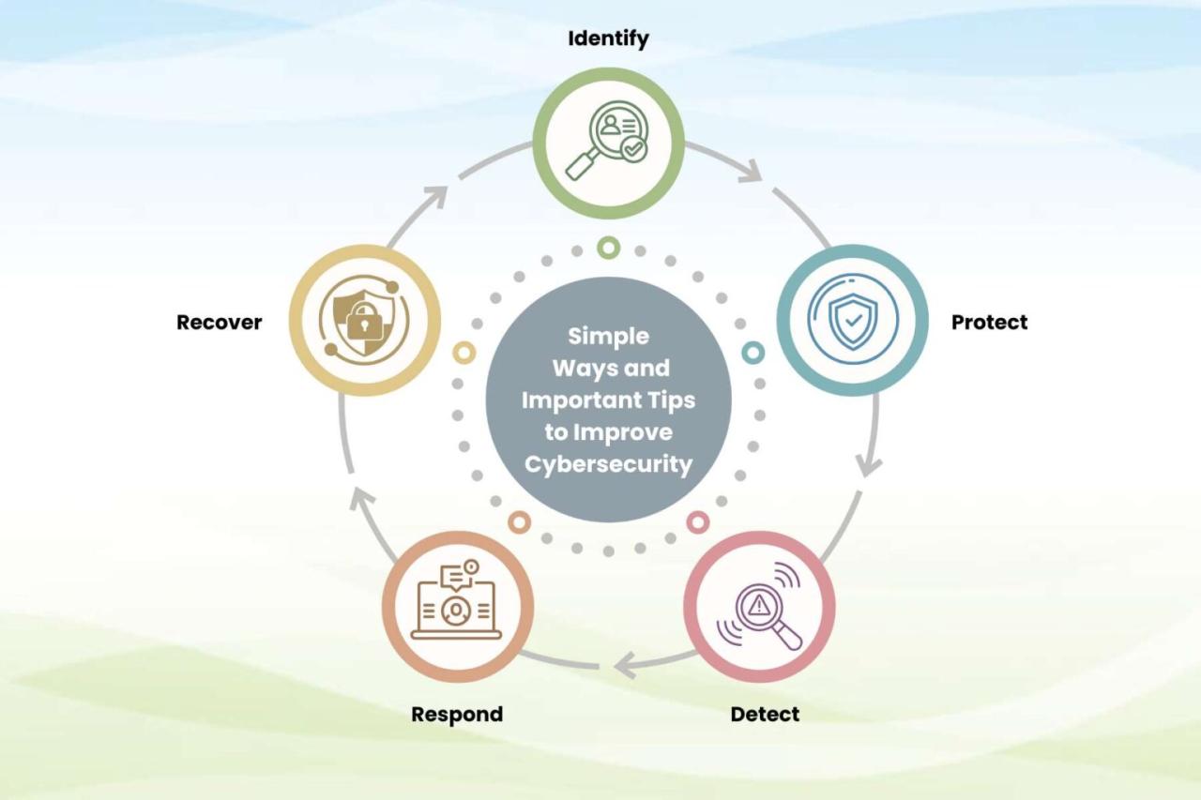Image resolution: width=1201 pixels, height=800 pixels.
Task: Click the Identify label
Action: pyautogui.click(x=608, y=38)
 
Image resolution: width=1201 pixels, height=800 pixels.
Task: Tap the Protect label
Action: pyautogui.click(x=989, y=322)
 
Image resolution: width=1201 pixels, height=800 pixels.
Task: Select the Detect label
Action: pyautogui.click(x=765, y=714)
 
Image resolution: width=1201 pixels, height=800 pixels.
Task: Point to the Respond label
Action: pyautogui.click(x=457, y=714)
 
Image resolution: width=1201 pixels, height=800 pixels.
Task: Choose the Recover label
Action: pyautogui.click(x=219, y=322)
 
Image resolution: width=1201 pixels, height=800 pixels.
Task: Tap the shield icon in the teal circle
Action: pyautogui.click(x=853, y=319)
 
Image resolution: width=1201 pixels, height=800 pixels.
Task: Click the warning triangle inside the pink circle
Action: pyautogui.click(x=758, y=605)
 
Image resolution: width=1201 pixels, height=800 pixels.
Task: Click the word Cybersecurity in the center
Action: pyautogui.click(x=608, y=464)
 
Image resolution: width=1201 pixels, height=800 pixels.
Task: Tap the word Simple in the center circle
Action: pyautogui.click(x=608, y=336)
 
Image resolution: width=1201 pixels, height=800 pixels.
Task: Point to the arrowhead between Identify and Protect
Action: pyautogui.click(x=751, y=171)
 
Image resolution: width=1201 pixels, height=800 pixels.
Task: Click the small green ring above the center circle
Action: pyautogui.click(x=609, y=248)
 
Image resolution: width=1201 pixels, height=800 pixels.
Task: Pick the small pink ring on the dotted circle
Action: pyautogui.click(x=697, y=521)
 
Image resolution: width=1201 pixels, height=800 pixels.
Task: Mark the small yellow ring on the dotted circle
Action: pyautogui.click(x=464, y=352)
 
